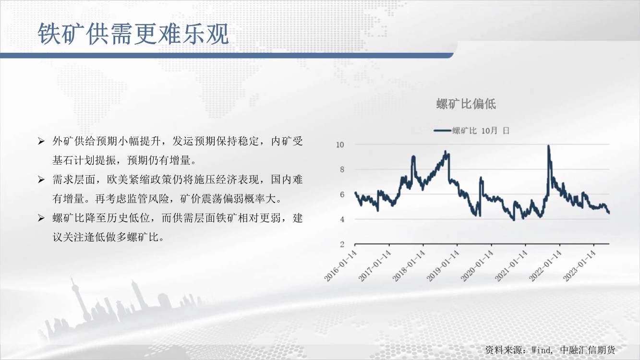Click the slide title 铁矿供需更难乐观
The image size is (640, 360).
133,34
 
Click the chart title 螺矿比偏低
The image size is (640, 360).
466,104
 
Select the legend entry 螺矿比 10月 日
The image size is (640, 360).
471,131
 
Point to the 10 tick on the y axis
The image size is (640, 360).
340,144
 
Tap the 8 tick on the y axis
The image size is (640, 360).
342,169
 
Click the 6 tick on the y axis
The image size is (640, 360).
342,194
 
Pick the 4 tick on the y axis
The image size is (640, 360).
342,219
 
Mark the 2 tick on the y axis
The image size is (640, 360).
342,244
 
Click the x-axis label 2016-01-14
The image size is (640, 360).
340,266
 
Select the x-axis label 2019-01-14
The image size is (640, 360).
443,266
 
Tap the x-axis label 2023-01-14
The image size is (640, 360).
579,266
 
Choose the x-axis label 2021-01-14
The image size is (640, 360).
511,266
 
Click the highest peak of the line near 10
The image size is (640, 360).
549,146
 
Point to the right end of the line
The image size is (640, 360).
609,213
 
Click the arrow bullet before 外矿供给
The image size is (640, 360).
41,141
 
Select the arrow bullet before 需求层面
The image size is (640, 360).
41,180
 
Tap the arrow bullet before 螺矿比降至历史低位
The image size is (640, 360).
41,218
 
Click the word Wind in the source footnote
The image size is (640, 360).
541,350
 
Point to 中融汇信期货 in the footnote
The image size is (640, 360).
588,350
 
